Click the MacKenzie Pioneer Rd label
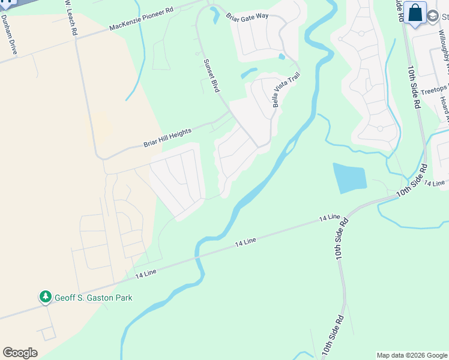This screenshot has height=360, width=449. coord(141,19)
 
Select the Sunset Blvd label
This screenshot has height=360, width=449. coord(212,75)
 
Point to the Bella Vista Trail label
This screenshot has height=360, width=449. coord(285,90)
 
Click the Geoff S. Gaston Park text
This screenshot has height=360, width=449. coord(93,297)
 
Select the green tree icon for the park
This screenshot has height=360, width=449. coord(45,296)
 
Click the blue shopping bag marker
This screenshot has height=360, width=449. coord(415,13)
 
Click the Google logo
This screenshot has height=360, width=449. coord(20,352)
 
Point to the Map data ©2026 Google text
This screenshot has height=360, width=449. coord(411,355)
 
